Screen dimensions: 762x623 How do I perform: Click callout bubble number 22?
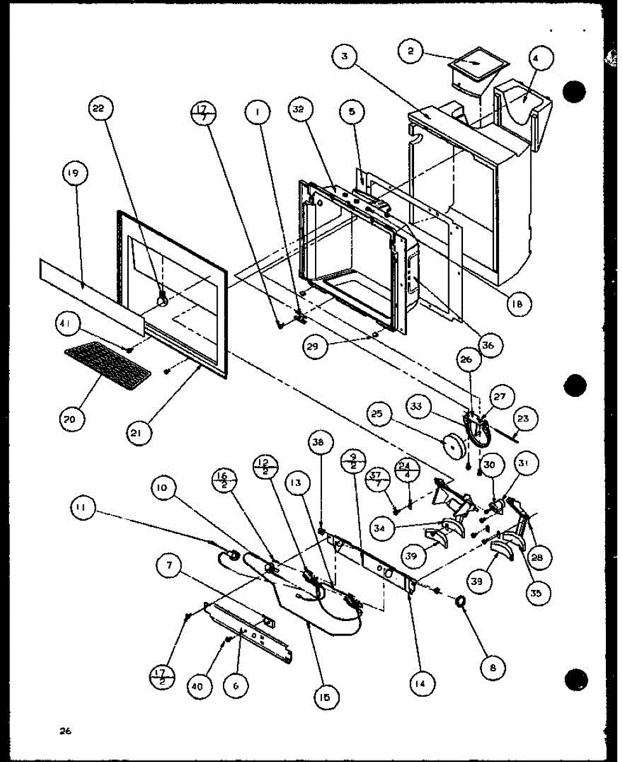point(99,109)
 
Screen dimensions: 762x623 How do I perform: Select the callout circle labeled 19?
point(76,173)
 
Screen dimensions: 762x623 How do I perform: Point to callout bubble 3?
point(344,57)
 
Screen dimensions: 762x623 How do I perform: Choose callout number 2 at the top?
point(411,51)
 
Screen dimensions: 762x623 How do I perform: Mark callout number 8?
point(493,668)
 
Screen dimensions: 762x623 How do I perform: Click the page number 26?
point(65,731)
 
